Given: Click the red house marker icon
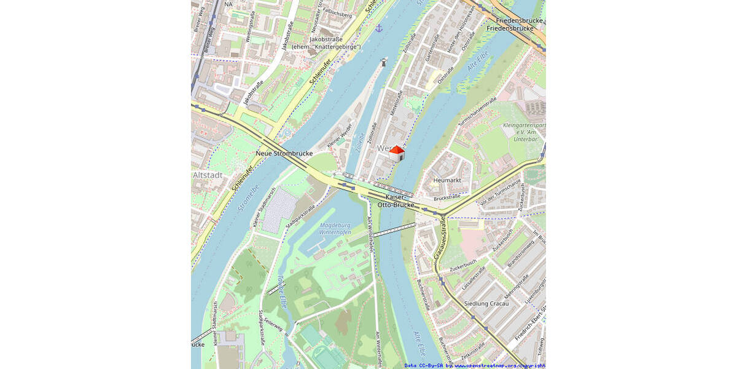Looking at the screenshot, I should pyautogui.click(x=397, y=153).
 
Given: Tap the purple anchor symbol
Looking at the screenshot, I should pyautogui.click(x=379, y=28).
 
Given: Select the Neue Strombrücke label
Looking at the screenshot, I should pyautogui.click(x=284, y=153).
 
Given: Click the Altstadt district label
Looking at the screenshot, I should pyautogui.click(x=208, y=175).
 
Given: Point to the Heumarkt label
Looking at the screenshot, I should pyautogui.click(x=447, y=180).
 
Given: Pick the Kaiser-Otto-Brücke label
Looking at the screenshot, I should pyautogui.click(x=396, y=200).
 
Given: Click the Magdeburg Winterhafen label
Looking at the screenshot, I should pyautogui.click(x=335, y=229).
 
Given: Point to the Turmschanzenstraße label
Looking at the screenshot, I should pyautogui.click(x=477, y=115).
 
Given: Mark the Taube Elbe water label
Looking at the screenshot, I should pyautogui.click(x=282, y=290).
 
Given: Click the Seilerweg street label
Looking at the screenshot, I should pyautogui.click(x=273, y=333).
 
